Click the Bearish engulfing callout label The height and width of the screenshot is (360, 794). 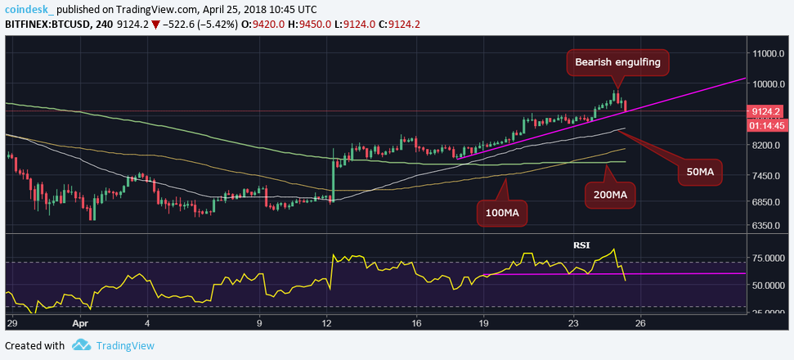(617, 62)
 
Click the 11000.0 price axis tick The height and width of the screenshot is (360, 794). (770, 53)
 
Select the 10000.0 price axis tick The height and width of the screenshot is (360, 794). (770, 83)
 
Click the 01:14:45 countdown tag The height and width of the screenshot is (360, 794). (767, 126)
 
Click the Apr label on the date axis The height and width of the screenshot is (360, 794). (80, 323)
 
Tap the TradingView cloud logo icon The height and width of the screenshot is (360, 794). (81, 346)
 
